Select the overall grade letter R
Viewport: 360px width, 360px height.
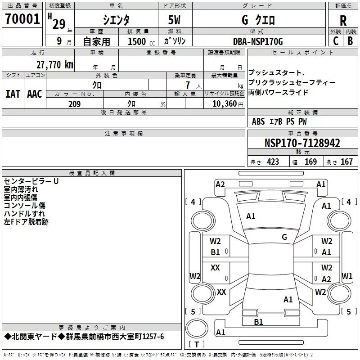click(x=343, y=20)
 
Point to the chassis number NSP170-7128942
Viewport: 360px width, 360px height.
click(x=302, y=143)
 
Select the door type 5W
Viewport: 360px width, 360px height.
click(x=175, y=21)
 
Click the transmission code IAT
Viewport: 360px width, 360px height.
click(x=13, y=94)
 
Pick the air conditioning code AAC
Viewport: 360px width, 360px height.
click(x=34, y=94)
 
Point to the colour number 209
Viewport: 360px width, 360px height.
click(x=75, y=104)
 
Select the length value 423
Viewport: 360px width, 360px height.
click(x=273, y=162)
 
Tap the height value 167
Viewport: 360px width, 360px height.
click(x=346, y=162)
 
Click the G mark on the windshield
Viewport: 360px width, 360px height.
click(x=284, y=237)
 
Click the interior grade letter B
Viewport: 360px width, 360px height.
click(x=350, y=41)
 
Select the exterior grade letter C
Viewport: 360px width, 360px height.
click(x=335, y=41)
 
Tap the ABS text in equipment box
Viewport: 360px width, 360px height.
click(x=258, y=121)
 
